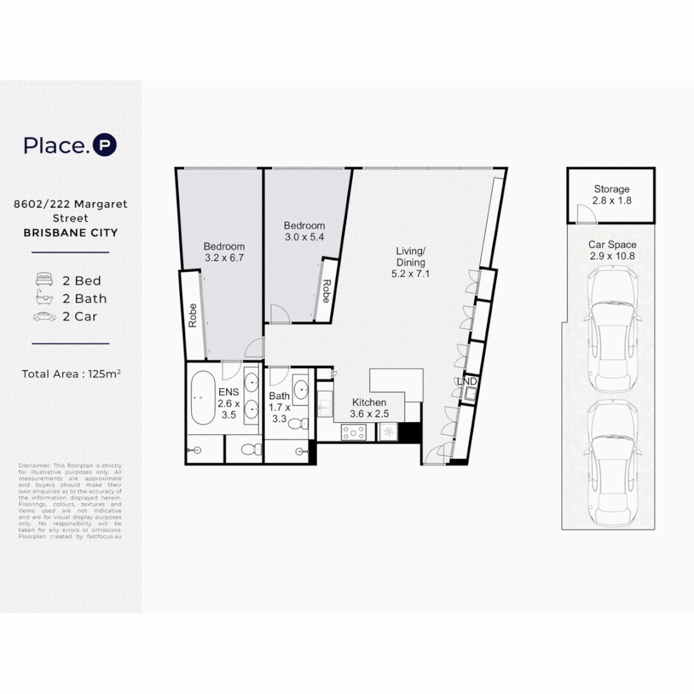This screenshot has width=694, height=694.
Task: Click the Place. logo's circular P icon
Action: pyautogui.click(x=105, y=145)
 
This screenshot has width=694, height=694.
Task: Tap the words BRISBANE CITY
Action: pyautogui.click(x=71, y=233)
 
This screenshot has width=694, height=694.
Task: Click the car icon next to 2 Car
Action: pyautogui.click(x=45, y=316)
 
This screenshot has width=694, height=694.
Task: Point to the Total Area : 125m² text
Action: pyautogui.click(x=71, y=374)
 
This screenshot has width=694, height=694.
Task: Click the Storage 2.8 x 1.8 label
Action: pyautogui.click(x=611, y=195)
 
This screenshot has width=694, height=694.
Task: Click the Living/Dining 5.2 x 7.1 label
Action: pyautogui.click(x=410, y=262)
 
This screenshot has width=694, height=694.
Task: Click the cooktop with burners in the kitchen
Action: pyautogui.click(x=353, y=432)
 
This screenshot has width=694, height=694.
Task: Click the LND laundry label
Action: pyautogui.click(x=467, y=382)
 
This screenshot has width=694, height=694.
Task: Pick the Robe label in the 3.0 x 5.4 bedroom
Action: pyautogui.click(x=326, y=291)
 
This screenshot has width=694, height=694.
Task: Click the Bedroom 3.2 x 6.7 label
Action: pyautogui.click(x=224, y=252)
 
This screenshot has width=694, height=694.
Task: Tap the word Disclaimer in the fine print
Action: pyautogui.click(x=30, y=466)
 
